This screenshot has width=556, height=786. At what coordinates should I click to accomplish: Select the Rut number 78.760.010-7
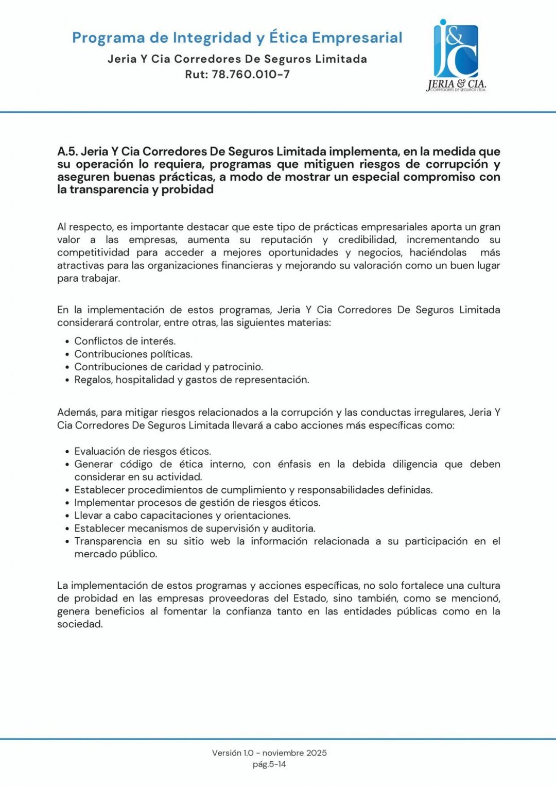(251, 74)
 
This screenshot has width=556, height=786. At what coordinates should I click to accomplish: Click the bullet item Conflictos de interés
(125, 341)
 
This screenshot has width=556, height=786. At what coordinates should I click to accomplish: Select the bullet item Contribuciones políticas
(133, 354)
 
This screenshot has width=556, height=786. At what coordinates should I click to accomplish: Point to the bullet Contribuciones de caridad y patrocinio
(168, 367)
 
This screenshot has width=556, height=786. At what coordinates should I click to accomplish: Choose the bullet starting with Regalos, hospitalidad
(192, 380)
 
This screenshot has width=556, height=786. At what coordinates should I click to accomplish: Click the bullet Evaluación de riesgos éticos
(143, 451)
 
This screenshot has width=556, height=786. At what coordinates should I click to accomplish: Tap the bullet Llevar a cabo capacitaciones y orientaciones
(182, 515)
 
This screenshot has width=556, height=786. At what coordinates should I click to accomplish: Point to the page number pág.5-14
(269, 764)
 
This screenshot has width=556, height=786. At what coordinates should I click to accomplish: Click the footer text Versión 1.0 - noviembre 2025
(269, 753)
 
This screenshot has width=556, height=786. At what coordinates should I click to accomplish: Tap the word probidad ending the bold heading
(187, 190)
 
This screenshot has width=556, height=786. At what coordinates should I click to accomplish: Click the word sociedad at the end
(80, 624)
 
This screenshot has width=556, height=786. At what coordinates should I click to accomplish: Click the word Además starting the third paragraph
(76, 412)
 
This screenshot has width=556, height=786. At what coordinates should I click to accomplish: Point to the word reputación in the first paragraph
(286, 240)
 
